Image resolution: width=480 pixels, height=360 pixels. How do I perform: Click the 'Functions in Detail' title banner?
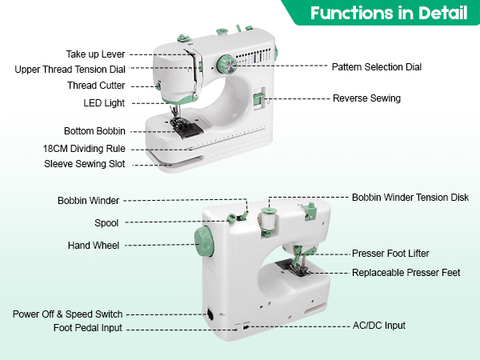point(389,13)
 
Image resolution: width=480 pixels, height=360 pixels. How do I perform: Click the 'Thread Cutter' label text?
point(95,86)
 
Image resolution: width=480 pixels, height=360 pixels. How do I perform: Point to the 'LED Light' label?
point(103,102)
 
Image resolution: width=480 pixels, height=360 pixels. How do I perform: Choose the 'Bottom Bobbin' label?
point(92,131)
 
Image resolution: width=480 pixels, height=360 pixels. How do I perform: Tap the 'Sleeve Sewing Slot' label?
point(86,164)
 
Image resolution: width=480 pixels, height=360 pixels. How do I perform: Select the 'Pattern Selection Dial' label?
point(376,67)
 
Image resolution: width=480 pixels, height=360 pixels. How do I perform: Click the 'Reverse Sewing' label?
point(366,98)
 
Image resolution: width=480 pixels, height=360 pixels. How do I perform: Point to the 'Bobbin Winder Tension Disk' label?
point(410,197)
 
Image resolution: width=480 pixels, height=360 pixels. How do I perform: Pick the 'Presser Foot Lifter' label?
point(390,254)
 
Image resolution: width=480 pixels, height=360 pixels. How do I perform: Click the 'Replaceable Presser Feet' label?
point(406,273)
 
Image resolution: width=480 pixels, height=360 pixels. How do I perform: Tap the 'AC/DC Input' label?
point(379,326)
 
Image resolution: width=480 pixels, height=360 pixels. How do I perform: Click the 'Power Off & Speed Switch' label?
point(67,314)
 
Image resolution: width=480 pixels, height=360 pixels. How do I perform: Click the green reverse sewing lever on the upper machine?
point(258,100)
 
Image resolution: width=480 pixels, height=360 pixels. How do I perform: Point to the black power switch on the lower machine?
point(210,314)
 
